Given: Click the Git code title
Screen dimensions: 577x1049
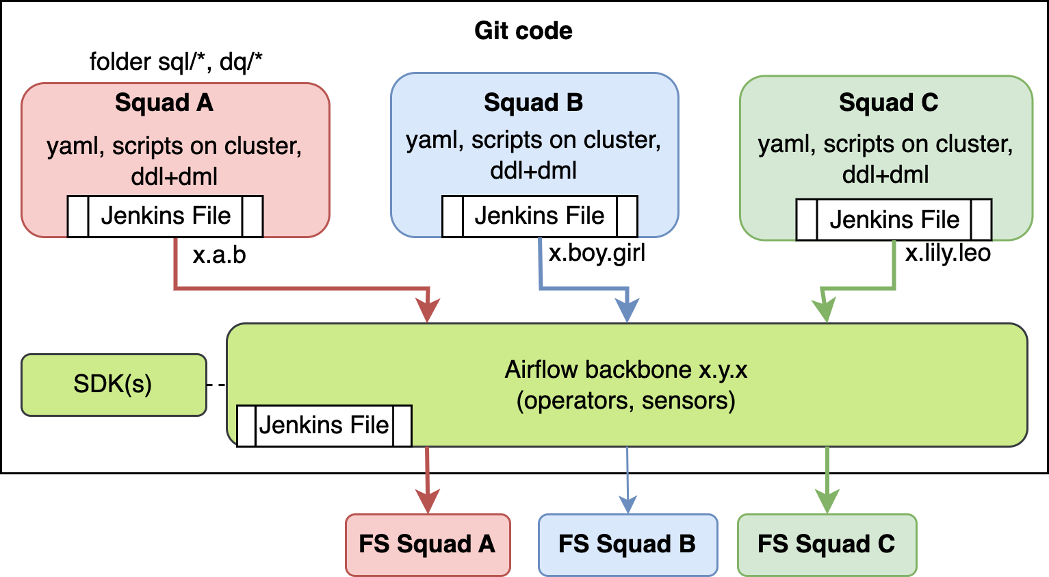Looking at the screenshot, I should point(523,31).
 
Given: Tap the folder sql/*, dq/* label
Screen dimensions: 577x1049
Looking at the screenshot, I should point(176,62).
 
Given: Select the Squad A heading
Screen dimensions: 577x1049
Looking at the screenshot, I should point(164,103).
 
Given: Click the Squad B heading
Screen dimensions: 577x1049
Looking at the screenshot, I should point(533,103).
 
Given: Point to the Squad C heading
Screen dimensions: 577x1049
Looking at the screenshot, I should point(888,103).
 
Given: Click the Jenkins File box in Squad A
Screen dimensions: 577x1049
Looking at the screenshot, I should point(165,216).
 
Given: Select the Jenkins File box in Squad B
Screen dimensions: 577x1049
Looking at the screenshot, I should point(539,216).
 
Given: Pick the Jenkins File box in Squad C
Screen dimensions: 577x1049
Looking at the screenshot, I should point(894,220).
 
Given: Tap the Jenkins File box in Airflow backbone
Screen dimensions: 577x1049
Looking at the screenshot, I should point(324,426).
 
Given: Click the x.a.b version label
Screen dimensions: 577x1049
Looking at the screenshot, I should point(219,255).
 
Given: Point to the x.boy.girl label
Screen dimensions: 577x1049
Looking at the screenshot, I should point(597,253).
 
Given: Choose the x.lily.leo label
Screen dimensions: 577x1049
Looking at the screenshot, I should point(948,253).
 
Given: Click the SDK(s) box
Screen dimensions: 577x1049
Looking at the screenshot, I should point(114,385).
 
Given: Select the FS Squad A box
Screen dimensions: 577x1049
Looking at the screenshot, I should point(428,545).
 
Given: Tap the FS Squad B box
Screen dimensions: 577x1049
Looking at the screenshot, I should point(627,545).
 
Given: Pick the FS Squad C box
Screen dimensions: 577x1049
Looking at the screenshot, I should point(827,545).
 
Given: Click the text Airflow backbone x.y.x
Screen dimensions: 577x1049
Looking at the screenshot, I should point(625,370).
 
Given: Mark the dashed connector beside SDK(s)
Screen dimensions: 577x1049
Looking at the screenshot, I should point(216,385).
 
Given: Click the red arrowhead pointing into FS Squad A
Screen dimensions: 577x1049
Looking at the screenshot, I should point(428,502).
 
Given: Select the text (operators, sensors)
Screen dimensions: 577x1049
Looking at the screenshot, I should point(625,400).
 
